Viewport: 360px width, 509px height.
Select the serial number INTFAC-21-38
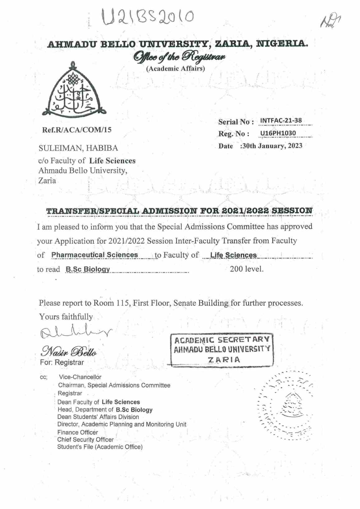(281, 121)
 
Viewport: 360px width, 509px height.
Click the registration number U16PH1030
(278, 133)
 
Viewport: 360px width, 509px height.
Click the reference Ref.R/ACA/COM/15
(77, 130)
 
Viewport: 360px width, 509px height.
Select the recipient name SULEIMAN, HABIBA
(78, 148)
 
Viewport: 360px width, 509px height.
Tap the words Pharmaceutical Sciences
(95, 255)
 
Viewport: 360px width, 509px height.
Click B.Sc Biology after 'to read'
(87, 269)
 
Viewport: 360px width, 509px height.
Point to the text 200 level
(246, 269)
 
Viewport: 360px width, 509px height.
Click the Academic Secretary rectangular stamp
(222, 350)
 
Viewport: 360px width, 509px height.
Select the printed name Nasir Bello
(69, 351)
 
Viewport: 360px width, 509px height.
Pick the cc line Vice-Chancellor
(80, 377)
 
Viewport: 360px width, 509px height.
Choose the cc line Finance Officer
(77, 432)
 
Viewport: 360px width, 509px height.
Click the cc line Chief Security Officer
(85, 440)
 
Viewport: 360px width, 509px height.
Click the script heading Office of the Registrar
(180, 58)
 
